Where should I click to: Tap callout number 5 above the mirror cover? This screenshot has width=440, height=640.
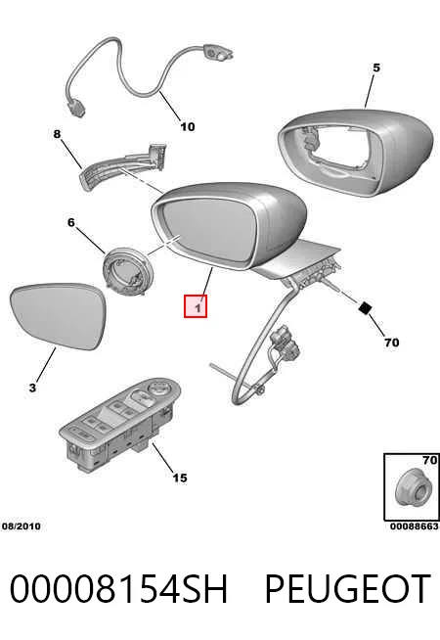(376, 68)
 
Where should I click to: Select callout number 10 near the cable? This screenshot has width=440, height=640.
(188, 126)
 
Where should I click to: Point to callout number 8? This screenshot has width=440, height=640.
(57, 134)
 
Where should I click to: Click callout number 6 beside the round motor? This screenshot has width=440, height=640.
(71, 222)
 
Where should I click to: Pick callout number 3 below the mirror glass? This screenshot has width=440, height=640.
(32, 388)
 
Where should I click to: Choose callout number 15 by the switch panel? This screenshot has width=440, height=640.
(180, 478)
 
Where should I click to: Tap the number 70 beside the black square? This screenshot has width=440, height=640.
(391, 343)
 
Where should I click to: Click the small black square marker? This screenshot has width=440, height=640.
(365, 307)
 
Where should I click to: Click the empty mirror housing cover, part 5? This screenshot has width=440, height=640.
(354, 152)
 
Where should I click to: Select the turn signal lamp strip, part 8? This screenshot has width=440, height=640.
(123, 165)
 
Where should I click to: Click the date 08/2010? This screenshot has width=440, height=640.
(22, 526)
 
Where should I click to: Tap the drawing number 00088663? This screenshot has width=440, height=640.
(415, 526)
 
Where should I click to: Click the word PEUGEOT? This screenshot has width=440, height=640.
(348, 588)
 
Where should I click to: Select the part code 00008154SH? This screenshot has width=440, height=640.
(118, 588)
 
